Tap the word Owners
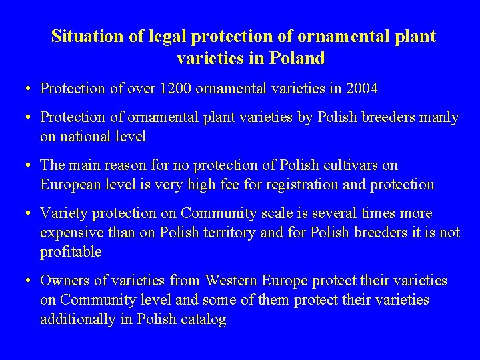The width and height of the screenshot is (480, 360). coord(65,281)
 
